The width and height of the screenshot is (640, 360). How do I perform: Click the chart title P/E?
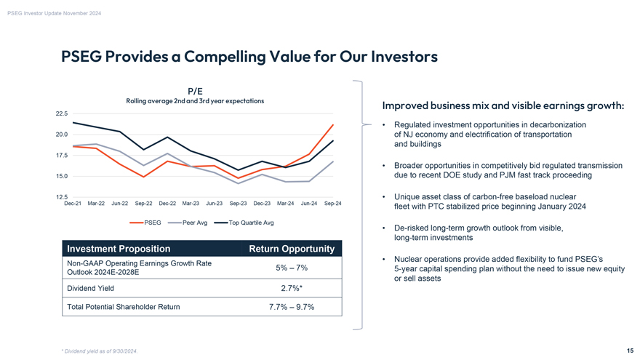pyautogui.click(x=195, y=91)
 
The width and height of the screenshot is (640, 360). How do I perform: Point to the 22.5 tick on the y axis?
pyautogui.click(x=61, y=113)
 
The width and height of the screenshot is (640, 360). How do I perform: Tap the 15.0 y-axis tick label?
pyautogui.click(x=61, y=176)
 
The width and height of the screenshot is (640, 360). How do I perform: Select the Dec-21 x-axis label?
pyautogui.click(x=73, y=203)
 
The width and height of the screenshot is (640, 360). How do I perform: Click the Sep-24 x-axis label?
pyautogui.click(x=332, y=203)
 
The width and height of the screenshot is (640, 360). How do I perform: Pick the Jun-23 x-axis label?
pyautogui.click(x=215, y=203)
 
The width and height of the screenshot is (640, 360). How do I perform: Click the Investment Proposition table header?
pyautogui.click(x=119, y=249)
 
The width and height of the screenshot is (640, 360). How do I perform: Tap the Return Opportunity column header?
pyautogui.click(x=291, y=249)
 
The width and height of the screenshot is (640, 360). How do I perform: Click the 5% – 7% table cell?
pyautogui.click(x=292, y=268)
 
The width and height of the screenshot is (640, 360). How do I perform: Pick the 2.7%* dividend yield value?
pyautogui.click(x=292, y=288)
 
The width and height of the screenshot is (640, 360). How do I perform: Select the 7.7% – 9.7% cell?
pyautogui.click(x=292, y=307)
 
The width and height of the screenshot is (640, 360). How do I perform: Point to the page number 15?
pyautogui.click(x=629, y=350)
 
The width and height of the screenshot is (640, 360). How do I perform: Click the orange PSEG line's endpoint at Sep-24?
pyautogui.click(x=333, y=124)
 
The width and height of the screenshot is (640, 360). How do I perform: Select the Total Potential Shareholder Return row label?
pyautogui.click(x=123, y=307)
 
